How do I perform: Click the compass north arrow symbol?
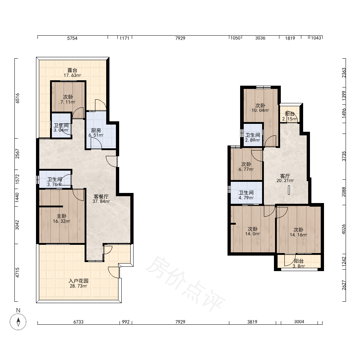18,321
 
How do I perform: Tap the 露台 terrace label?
72,70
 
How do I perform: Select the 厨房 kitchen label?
96,130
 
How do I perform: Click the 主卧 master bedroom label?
62,216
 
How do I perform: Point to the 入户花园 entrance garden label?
78,281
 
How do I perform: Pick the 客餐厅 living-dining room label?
101,197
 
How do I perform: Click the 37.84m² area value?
101,201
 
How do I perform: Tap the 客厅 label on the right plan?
285,176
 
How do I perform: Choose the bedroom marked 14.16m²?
298,230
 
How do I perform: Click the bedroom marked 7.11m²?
68,97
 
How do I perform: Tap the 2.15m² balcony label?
289,119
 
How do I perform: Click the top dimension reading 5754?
72,39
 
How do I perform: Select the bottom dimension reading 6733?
78,322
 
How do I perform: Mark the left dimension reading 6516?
17,98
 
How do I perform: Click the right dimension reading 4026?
343,229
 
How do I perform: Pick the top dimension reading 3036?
260,38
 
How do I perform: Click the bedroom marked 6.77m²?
246,164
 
